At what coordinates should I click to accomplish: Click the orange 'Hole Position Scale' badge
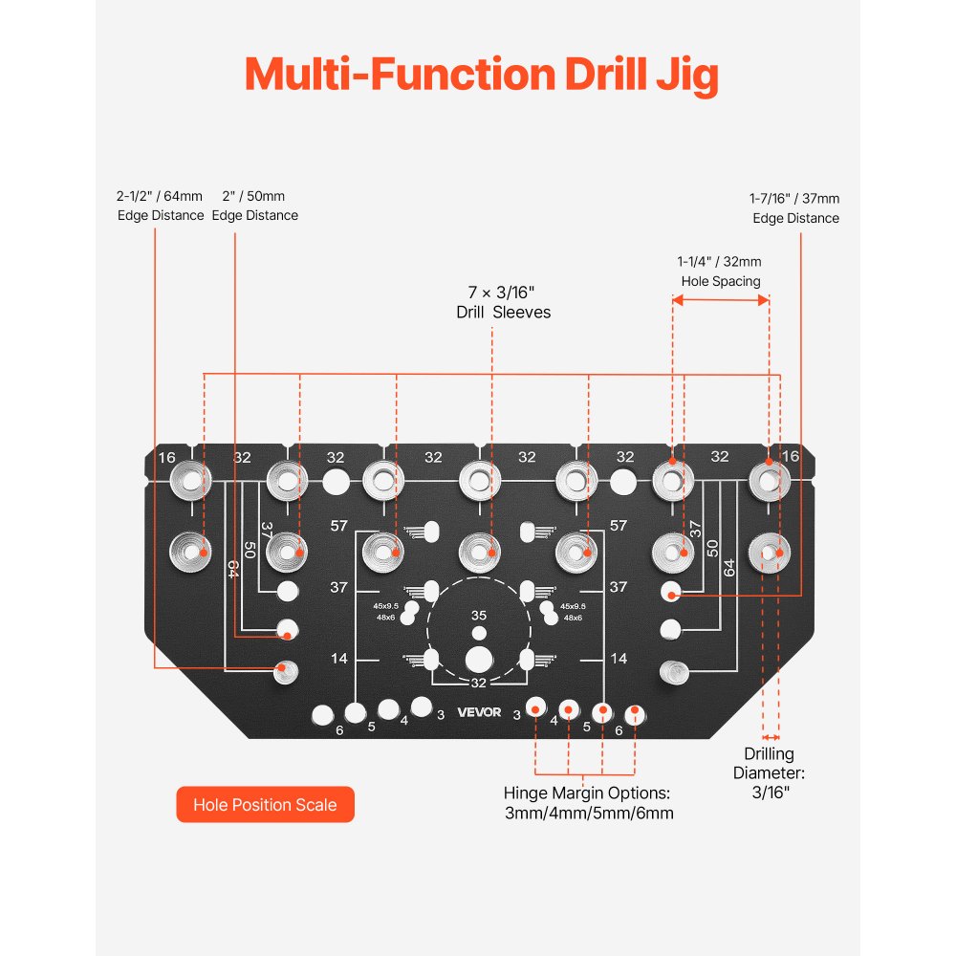pyautogui.click(x=265, y=804)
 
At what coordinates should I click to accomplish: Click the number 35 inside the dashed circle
pyautogui.click(x=479, y=616)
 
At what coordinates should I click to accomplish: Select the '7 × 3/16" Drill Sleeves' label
pyautogui.click(x=503, y=301)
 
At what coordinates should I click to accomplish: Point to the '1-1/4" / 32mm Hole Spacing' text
pyautogui.click(x=720, y=272)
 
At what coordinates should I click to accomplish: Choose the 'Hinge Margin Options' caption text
pyautogui.click(x=589, y=802)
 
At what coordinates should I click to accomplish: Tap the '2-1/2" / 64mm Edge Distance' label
pyautogui.click(x=161, y=206)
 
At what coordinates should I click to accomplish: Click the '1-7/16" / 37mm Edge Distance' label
pyautogui.click(x=794, y=208)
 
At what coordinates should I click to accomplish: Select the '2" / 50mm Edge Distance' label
pyautogui.click(x=255, y=206)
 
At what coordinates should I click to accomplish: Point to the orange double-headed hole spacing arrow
pyautogui.click(x=721, y=299)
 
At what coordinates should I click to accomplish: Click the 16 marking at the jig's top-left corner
pyautogui.click(x=167, y=458)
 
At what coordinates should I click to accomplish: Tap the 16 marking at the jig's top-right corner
pyautogui.click(x=790, y=457)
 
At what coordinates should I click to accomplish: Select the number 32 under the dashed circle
pyautogui.click(x=479, y=683)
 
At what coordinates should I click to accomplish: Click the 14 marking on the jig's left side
pyautogui.click(x=337, y=659)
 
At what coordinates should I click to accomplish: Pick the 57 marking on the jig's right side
pyautogui.click(x=618, y=526)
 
